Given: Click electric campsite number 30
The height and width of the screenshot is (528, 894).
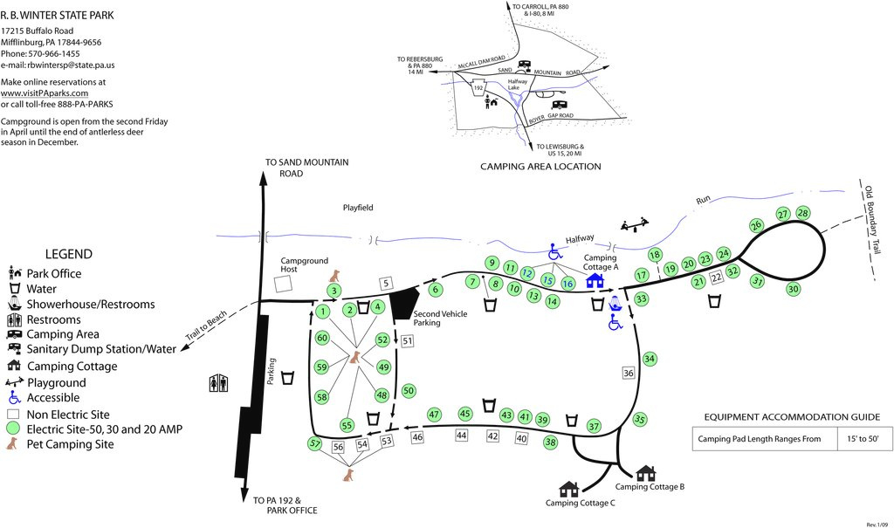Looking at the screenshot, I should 793,289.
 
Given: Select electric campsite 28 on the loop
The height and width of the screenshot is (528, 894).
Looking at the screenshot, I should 803,213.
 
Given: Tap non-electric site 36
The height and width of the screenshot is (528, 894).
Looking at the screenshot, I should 629,373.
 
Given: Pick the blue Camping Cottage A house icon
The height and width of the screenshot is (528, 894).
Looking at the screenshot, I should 595,280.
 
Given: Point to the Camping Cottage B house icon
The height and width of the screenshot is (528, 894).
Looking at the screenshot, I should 645,473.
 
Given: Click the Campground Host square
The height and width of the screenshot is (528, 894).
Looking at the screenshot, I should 281,285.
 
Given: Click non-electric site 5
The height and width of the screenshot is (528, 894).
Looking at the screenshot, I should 388,282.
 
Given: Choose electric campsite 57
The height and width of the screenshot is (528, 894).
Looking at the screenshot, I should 315,443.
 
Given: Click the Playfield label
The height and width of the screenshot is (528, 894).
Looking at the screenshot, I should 357,208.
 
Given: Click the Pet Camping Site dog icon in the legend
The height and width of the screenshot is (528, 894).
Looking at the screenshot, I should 12,444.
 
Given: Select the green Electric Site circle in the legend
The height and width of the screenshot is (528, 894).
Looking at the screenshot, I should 12,429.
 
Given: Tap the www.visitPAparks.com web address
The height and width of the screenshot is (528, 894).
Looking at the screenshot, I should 45,93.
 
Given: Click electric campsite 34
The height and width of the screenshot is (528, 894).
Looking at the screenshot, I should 649,359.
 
